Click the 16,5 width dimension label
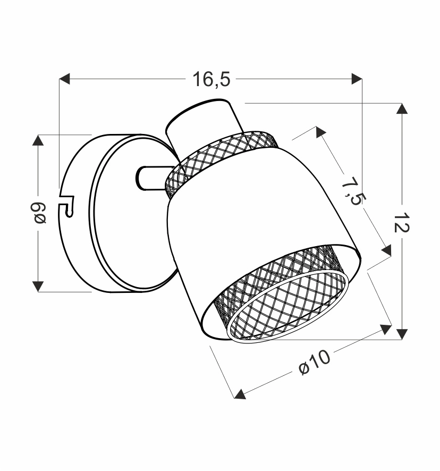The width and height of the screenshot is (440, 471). [211, 79]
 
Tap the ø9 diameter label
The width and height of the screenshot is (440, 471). [38, 213]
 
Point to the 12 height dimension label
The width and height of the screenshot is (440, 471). [402, 222]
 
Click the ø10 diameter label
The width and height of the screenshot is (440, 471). [314, 363]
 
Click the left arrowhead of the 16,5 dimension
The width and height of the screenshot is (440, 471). [64, 79]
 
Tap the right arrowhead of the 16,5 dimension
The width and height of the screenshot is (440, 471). [357, 79]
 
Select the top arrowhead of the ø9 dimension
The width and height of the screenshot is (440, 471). [38, 140]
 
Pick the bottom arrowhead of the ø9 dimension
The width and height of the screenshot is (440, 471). [38, 286]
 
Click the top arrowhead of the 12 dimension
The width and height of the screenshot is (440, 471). [402, 108]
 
